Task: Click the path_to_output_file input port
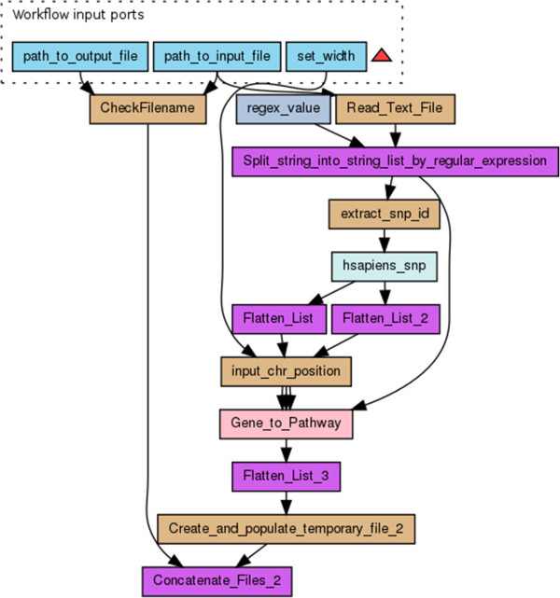[x=80, y=57]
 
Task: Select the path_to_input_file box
[x=217, y=57]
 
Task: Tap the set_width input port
[x=326, y=57]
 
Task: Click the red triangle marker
[x=382, y=55]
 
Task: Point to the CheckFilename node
[x=147, y=109]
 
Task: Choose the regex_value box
[x=284, y=109]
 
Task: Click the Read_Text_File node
[x=395, y=109]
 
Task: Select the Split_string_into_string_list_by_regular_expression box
[x=395, y=161]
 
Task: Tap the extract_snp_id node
[x=385, y=214]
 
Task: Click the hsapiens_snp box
[x=385, y=266]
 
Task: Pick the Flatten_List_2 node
[x=385, y=319]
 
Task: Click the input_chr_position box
[x=287, y=371]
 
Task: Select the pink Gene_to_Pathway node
[x=287, y=424]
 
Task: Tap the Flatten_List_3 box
[x=287, y=477]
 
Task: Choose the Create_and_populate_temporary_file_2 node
[x=287, y=529]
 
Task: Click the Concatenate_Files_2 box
[x=217, y=581]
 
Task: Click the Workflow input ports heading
[x=78, y=15]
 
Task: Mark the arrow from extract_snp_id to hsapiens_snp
[x=385, y=241]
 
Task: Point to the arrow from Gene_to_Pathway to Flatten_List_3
[x=287, y=451]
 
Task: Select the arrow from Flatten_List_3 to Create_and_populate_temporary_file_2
[x=287, y=503]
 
